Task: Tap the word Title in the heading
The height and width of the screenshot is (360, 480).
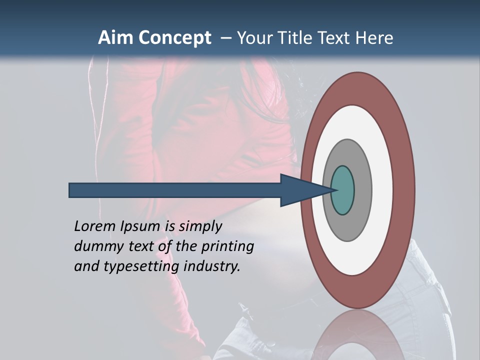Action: (295, 38)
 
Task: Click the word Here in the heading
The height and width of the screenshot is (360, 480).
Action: (374, 38)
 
